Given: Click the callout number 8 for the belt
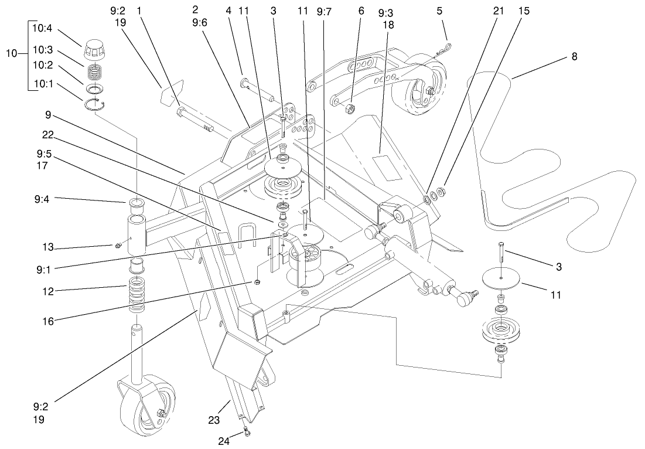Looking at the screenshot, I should pos(574,57).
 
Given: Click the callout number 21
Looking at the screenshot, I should pos(499,11).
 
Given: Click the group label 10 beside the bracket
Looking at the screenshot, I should pos(12,53).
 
